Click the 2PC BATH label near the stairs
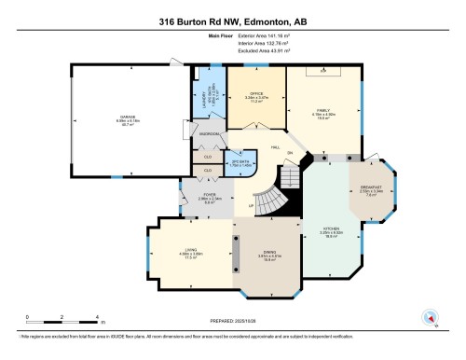point(240,163)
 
